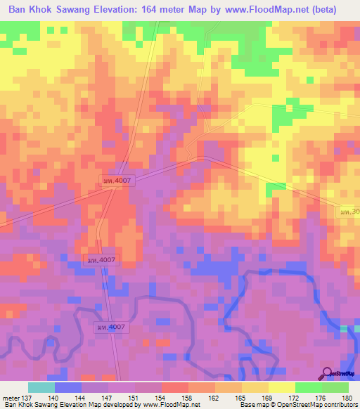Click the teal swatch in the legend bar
pos(41,387)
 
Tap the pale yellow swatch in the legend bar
pos(281,387)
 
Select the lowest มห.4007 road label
pos(109,327)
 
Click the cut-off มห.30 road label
pos(350,211)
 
